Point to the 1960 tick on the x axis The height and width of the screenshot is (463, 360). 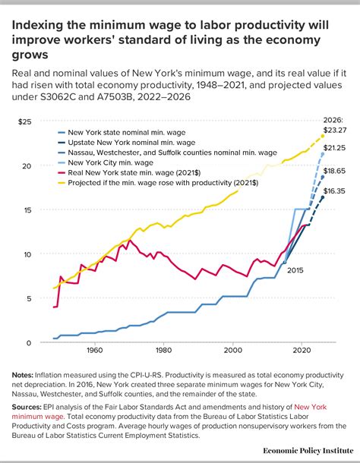[x=94, y=351]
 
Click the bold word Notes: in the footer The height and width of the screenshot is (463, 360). [x=26, y=374]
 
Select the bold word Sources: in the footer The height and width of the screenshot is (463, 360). [x=30, y=408]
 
